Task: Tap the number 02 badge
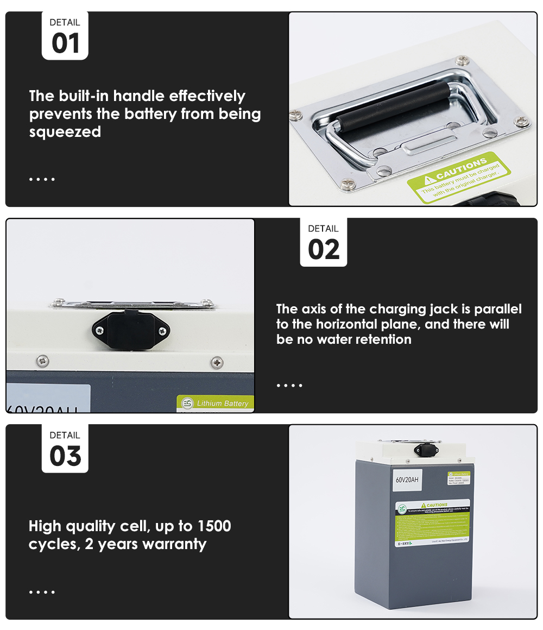324,249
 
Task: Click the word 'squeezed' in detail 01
65,132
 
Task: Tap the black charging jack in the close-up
131,329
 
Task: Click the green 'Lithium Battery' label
216,404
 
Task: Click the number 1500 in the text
214,526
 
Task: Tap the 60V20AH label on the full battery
407,480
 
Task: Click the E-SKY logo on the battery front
403,542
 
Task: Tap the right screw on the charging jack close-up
162,331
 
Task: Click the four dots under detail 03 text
42,591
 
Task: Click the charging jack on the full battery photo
426,450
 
